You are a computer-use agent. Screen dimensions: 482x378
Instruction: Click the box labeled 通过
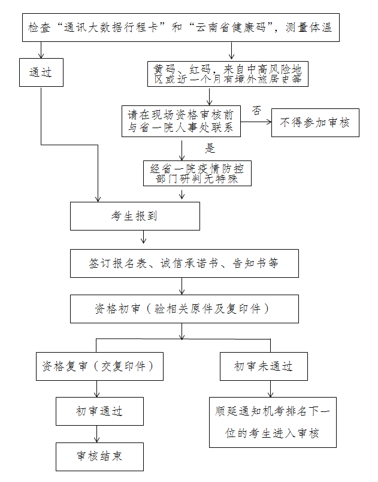[x=41, y=72]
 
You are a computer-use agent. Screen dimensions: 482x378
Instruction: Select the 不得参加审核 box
[x=315, y=123]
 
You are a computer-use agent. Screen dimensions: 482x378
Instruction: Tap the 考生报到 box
[x=135, y=216]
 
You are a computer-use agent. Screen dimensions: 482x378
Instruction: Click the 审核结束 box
[x=99, y=456]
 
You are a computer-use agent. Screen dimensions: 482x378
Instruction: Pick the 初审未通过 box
[x=263, y=366]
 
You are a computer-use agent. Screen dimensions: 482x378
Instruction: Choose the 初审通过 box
[x=99, y=411]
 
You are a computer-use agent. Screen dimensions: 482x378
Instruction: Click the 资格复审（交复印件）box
[x=99, y=366]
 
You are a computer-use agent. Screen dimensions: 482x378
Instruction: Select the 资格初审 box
[x=184, y=309]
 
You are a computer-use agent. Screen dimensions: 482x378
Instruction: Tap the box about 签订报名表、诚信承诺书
[x=184, y=263]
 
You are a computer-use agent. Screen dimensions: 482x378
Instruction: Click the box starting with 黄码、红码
[x=228, y=73]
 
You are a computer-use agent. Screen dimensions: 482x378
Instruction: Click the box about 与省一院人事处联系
[x=181, y=122]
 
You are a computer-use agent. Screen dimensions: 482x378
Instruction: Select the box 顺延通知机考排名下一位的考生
[x=272, y=422]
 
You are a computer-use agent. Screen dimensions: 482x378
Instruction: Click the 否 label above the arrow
[x=256, y=110]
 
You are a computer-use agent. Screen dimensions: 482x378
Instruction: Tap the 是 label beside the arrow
[x=210, y=147]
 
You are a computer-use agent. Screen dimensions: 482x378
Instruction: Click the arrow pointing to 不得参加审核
[x=256, y=122]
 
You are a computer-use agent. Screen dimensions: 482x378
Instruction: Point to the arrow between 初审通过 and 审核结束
[x=97, y=434]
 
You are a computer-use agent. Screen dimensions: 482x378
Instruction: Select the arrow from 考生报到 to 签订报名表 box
[x=143, y=239]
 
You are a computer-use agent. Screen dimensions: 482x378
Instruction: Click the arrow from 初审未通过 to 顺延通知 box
[x=270, y=389]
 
